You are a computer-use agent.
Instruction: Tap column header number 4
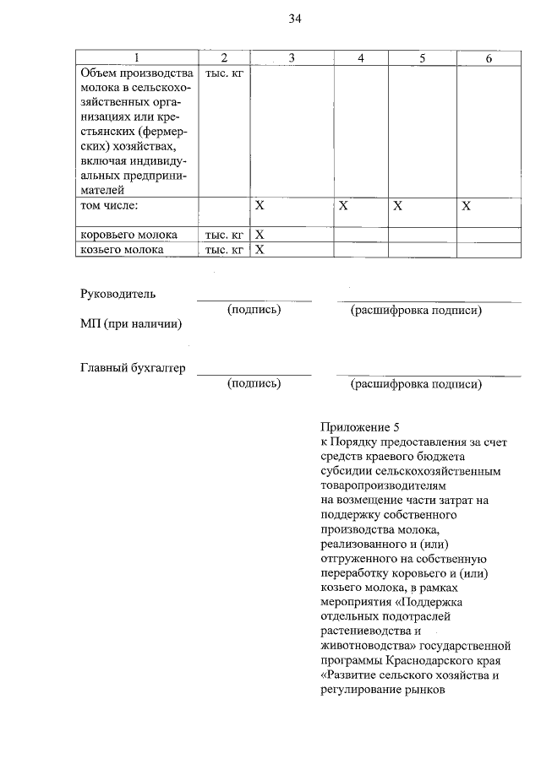(x=361, y=57)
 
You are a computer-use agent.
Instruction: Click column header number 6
(x=489, y=57)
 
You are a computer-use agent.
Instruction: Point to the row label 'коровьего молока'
(x=128, y=234)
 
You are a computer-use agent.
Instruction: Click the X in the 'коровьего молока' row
(x=260, y=234)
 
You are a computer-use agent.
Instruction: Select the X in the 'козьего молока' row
(x=260, y=250)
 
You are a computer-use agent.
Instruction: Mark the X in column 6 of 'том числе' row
(x=466, y=205)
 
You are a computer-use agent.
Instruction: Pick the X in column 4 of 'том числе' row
(x=343, y=205)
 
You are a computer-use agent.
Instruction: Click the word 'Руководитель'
(x=118, y=294)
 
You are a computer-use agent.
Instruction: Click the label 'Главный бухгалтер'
(x=132, y=368)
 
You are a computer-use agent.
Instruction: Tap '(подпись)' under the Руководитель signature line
(x=254, y=311)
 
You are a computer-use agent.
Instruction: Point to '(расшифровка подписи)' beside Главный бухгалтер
(x=416, y=385)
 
